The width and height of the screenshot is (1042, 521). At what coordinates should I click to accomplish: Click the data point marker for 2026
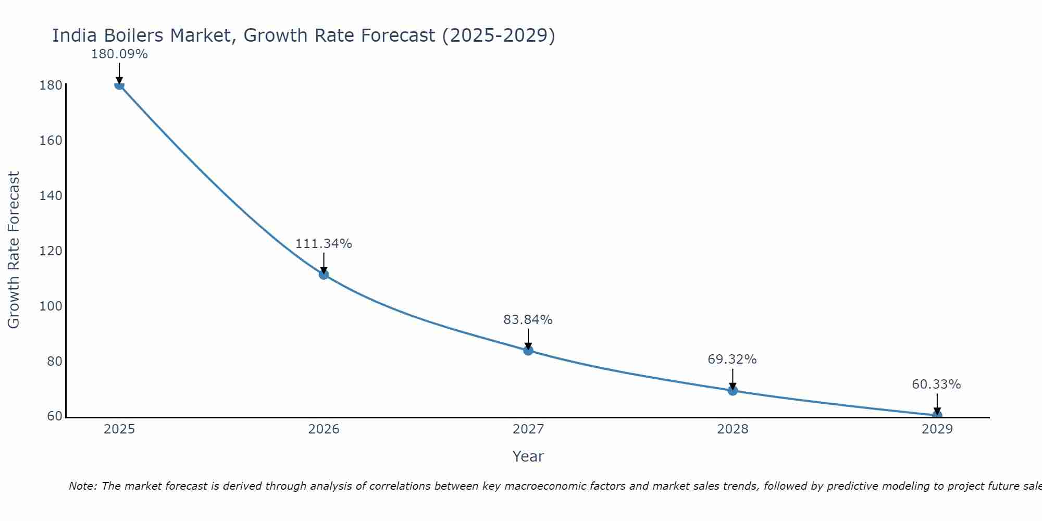click(x=324, y=275)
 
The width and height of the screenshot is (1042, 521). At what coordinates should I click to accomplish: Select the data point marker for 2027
click(x=528, y=351)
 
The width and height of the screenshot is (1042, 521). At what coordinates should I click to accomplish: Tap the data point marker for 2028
click(x=733, y=391)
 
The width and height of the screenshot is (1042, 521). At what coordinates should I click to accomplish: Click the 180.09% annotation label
click(x=119, y=54)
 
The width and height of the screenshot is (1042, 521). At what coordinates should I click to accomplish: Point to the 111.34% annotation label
click(x=324, y=244)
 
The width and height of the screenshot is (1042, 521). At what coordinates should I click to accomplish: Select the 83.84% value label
click(x=528, y=320)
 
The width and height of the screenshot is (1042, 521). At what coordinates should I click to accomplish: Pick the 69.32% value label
click(x=732, y=359)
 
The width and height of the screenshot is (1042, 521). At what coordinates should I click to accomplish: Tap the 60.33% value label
click(x=936, y=384)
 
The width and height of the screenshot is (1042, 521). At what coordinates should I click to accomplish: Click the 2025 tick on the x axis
click(x=119, y=429)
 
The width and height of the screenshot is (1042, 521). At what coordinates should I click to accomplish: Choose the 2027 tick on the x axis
click(x=528, y=429)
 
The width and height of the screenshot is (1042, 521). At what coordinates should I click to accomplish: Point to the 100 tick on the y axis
click(x=51, y=306)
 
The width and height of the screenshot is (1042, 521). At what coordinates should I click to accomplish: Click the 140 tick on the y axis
click(x=51, y=196)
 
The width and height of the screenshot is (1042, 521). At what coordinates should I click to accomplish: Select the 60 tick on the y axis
click(x=54, y=416)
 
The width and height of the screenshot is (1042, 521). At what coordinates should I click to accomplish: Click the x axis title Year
click(x=528, y=456)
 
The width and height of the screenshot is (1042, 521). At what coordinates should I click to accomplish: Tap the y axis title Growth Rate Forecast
click(x=14, y=250)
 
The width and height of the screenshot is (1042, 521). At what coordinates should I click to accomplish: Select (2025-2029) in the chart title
click(x=498, y=36)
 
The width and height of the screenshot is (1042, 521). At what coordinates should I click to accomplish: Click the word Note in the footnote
click(x=82, y=486)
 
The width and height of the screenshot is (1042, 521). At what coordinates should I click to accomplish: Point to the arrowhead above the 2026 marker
click(x=324, y=270)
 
